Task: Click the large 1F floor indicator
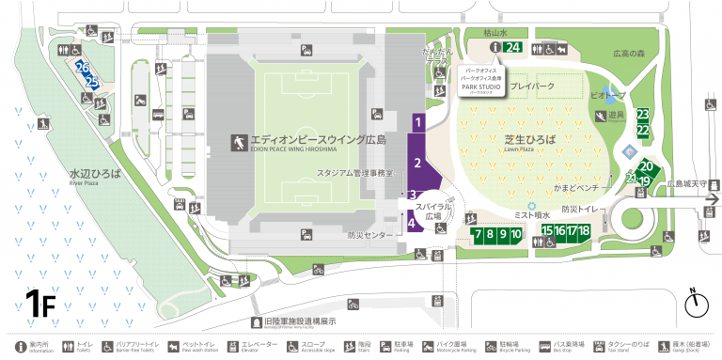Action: [x=40, y=304]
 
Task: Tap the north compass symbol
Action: [x=697, y=304]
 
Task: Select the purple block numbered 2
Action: [x=418, y=163]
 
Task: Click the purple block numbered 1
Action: [x=418, y=121]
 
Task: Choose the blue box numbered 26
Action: [x=83, y=69]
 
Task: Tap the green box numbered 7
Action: [x=478, y=233]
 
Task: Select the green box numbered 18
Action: [x=584, y=231]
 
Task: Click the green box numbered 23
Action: [x=643, y=115]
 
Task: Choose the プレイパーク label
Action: [x=533, y=86]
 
